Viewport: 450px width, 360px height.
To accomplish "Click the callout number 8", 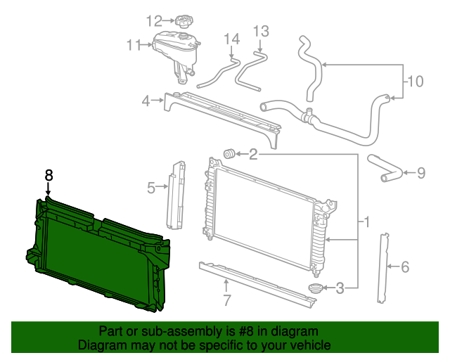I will (49, 176).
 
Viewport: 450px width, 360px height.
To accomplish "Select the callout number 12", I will (154, 20).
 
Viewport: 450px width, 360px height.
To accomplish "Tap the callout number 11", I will (134, 46).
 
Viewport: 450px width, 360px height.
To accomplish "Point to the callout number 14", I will (232, 39).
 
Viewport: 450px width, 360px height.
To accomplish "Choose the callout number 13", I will (261, 31).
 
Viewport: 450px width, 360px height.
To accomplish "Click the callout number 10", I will (416, 82).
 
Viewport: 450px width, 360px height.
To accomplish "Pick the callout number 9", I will (421, 172).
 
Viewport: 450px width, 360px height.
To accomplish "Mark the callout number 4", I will (146, 101).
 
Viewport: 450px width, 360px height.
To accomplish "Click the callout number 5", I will (150, 187).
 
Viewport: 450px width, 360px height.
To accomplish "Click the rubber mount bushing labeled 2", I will (229, 154).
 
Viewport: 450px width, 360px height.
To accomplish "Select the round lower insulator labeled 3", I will (316, 288).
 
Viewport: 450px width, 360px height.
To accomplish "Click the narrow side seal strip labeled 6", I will (383, 266).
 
